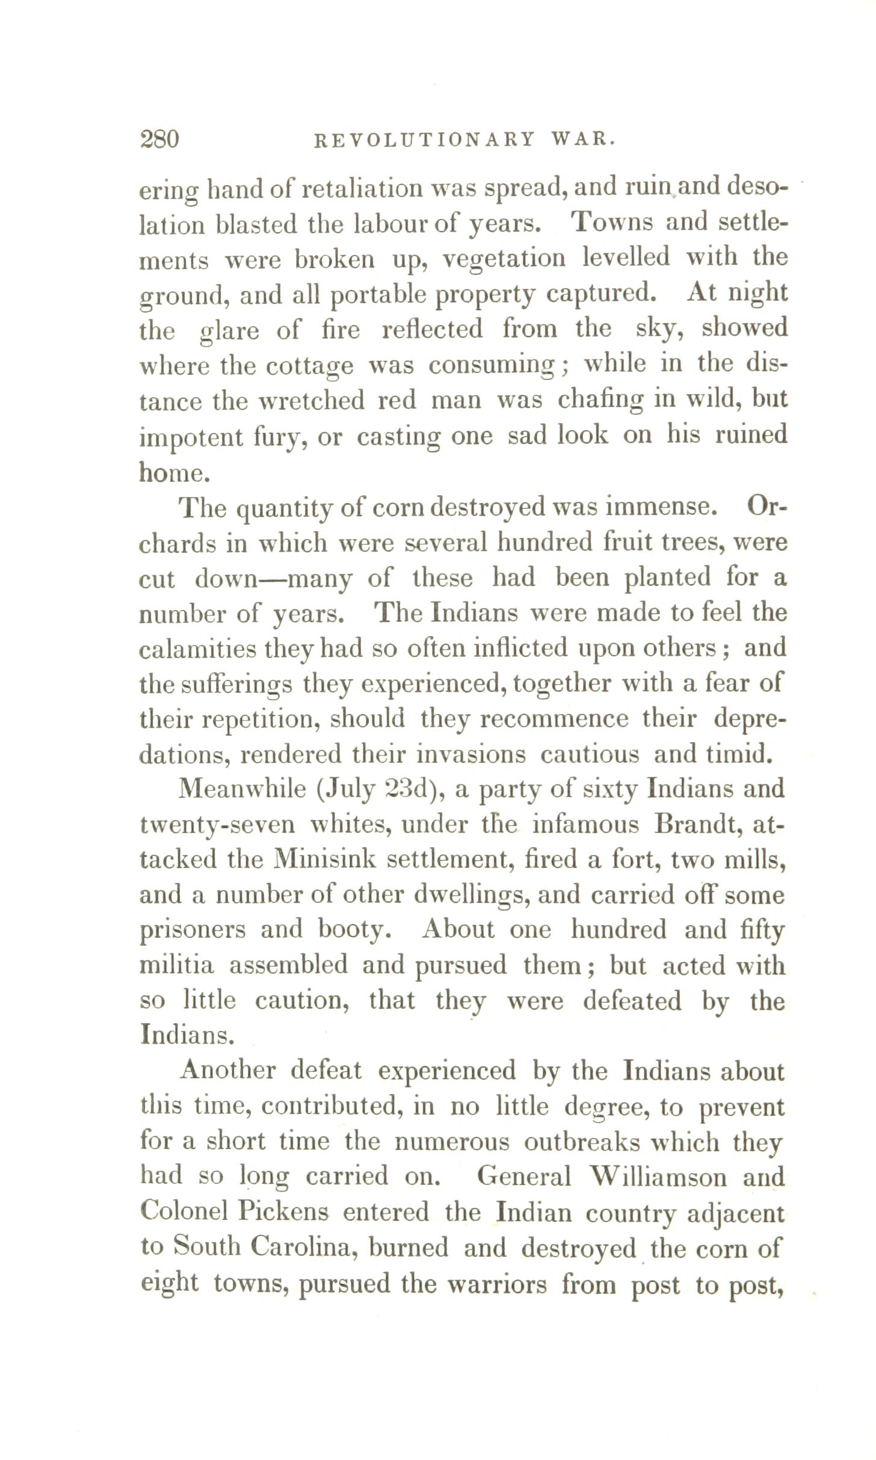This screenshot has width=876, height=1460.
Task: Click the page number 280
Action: pyautogui.click(x=159, y=140)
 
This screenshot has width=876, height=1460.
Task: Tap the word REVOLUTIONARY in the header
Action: pyautogui.click(x=425, y=140)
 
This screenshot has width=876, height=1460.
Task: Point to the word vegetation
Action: pyautogui.click(x=504, y=259)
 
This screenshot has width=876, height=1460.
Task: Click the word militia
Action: pyautogui.click(x=176, y=966)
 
